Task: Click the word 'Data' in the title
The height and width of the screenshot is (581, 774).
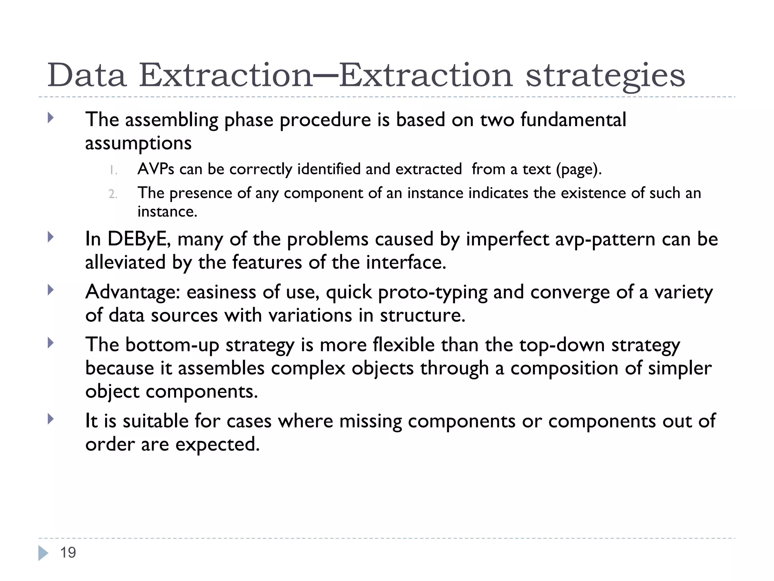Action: (87, 75)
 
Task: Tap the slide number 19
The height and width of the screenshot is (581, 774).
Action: (68, 553)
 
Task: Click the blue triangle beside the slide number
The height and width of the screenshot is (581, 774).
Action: (43, 553)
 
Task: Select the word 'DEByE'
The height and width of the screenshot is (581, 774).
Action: (137, 239)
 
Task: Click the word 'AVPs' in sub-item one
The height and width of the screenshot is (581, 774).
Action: (156, 169)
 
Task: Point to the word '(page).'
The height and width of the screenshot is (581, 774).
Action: (578, 169)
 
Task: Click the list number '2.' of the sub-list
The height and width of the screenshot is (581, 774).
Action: (113, 194)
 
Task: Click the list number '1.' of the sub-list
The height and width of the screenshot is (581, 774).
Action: (113, 170)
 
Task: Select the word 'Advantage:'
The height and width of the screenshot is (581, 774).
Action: (132, 292)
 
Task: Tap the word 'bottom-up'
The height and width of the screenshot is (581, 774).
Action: (172, 345)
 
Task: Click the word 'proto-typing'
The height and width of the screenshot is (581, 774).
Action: (432, 292)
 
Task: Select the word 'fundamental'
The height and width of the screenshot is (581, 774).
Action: (573, 120)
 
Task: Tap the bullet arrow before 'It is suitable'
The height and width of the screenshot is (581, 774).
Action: (51, 419)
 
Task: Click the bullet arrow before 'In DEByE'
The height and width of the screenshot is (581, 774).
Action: (51, 238)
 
